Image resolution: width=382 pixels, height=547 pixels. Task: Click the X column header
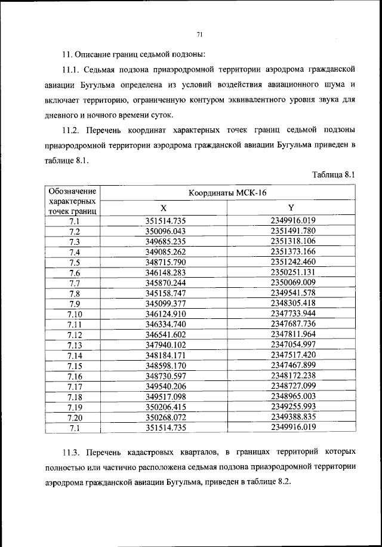[163, 207]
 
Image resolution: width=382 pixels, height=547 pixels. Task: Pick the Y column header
[291, 207]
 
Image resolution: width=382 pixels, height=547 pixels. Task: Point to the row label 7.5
[75, 262]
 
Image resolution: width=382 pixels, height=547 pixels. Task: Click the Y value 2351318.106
[292, 241]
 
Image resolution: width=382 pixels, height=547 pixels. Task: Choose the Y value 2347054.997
[292, 345]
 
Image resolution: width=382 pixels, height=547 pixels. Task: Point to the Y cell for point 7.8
[292, 293]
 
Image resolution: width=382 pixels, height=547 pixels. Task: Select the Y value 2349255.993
[292, 407]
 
